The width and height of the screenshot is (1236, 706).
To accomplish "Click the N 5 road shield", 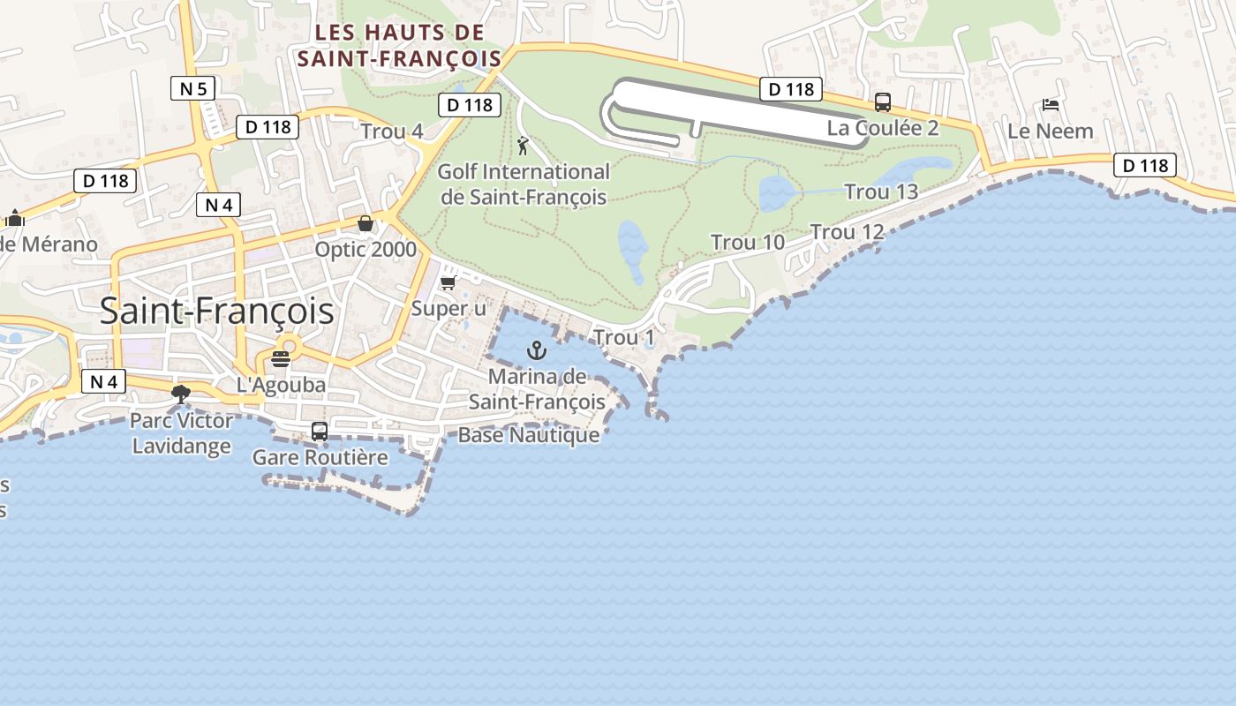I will click(x=192, y=88).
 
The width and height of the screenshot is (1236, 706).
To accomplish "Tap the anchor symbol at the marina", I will click(x=537, y=351).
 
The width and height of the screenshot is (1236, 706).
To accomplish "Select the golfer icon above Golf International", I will click(x=524, y=146).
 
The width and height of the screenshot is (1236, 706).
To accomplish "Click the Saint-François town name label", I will click(x=216, y=312).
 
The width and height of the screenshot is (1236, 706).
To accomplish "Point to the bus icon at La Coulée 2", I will click(x=883, y=102).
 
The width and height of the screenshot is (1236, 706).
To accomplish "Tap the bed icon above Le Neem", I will click(x=1051, y=104).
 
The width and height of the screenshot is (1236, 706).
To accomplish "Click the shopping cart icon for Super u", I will click(x=448, y=282).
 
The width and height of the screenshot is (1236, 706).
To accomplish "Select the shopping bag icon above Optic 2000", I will click(x=366, y=223).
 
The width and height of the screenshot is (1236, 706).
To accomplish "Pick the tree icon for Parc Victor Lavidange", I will click(x=181, y=394).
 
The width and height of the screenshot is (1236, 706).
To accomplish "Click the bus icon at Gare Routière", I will click(x=320, y=432).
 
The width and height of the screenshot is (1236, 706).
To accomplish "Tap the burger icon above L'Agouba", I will click(x=281, y=359).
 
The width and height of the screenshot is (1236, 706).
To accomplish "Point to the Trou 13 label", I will click(x=881, y=192).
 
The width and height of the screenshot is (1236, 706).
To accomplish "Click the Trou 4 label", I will click(x=392, y=132).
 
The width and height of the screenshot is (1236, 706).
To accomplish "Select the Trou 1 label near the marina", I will click(x=624, y=337).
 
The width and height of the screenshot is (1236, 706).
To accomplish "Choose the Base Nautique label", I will click(x=529, y=435).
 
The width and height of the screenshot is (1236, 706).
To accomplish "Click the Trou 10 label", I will click(x=748, y=242).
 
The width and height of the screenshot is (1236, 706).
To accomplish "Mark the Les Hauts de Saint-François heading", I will click(x=400, y=46).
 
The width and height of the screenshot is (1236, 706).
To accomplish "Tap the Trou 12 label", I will click(x=848, y=232).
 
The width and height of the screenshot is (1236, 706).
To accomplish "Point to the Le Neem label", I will click(x=1051, y=131).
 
